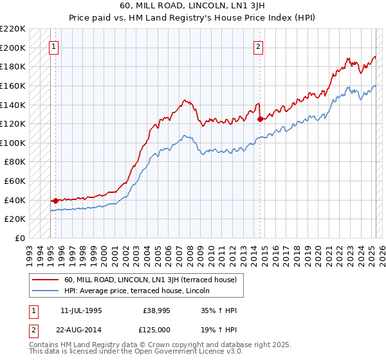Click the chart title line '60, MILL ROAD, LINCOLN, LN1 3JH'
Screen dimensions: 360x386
192,6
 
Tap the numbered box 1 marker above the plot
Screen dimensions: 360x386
53,46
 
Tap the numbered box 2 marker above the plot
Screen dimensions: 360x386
258,46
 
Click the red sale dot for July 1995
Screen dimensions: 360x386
55,201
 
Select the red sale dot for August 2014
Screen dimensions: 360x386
260,119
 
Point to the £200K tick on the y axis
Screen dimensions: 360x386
14,48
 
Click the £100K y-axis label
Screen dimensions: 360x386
14,143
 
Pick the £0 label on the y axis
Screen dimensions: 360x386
19,238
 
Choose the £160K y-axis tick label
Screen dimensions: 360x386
14,85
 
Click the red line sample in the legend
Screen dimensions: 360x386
46,280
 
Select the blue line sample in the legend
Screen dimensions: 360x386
46,291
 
